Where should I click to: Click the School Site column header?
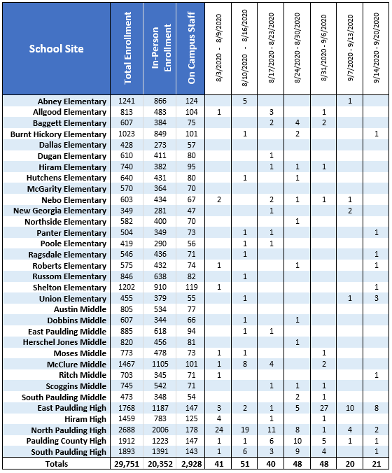[56, 49]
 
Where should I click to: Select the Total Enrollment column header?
[127, 48]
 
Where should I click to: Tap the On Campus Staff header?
[191, 48]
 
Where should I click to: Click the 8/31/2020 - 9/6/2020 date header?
[324, 48]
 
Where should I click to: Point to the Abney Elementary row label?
[72, 101]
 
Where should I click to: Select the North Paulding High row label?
[69, 430]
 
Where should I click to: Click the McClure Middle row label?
[76, 365]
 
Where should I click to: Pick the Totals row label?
[57, 464]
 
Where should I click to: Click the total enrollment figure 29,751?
[127, 464]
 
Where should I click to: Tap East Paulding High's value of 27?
[324, 408]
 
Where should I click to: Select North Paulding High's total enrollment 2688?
[127, 430]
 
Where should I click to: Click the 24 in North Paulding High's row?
[219, 430]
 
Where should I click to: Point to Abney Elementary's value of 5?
[245, 101]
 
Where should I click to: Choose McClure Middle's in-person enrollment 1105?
[160, 364]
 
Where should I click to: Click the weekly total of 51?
[245, 464]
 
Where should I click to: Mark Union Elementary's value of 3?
[377, 298]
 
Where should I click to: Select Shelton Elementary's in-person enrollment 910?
[160, 287]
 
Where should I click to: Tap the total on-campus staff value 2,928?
[191, 464]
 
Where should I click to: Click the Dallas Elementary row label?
[73, 145]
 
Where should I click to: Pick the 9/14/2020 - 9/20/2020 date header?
[377, 48]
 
